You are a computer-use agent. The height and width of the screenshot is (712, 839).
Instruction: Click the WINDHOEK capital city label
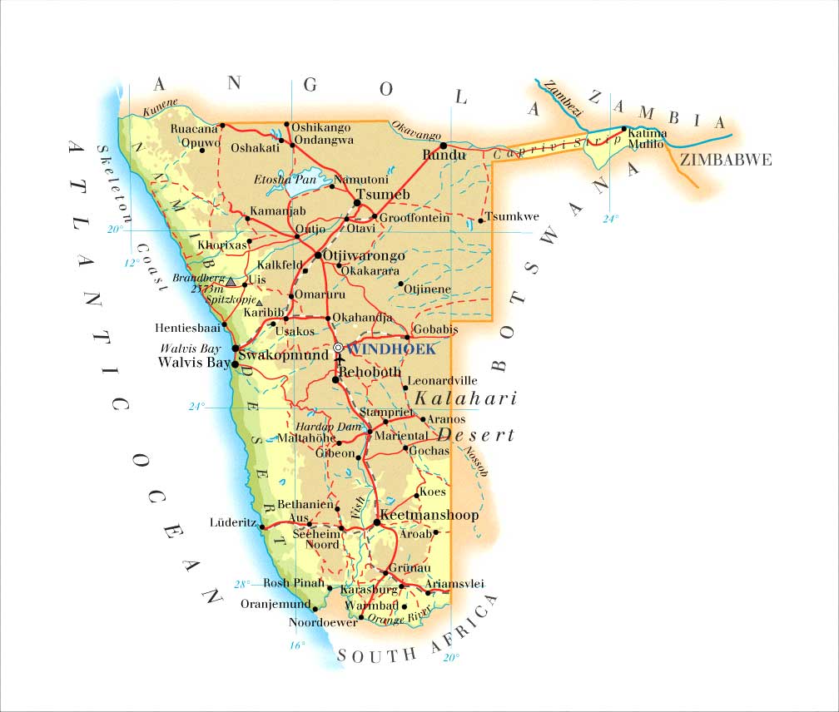(391, 349)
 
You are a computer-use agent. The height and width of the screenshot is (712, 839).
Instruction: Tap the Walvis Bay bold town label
(194, 363)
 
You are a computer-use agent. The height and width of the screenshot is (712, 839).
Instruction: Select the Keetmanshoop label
(429, 516)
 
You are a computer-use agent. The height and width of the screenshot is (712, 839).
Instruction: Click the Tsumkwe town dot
(481, 220)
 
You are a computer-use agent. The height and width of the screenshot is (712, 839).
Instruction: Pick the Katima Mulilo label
(647, 138)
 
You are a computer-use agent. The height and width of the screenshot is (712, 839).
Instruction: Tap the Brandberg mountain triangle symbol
(231, 281)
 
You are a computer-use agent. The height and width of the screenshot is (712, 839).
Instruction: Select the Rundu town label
(444, 155)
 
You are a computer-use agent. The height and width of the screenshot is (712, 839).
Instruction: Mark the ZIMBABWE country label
(725, 161)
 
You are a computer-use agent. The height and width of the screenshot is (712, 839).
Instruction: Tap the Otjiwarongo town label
(364, 255)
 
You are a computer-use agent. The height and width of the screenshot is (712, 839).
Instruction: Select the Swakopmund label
(284, 355)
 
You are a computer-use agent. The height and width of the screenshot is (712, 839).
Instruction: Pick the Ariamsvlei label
(455, 584)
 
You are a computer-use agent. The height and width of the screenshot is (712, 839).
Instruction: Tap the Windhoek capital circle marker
(338, 348)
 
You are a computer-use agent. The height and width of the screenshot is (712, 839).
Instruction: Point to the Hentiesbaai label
(187, 328)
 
